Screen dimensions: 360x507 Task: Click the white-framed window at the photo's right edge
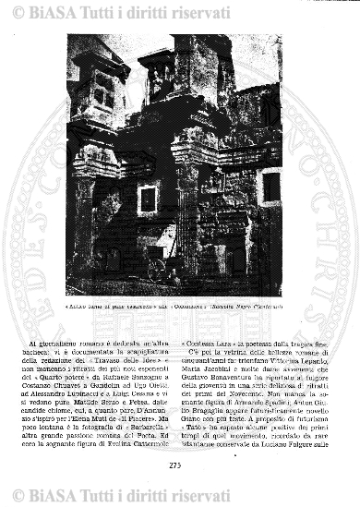pos(270,187)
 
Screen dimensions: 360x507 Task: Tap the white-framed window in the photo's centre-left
pos(148,199)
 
